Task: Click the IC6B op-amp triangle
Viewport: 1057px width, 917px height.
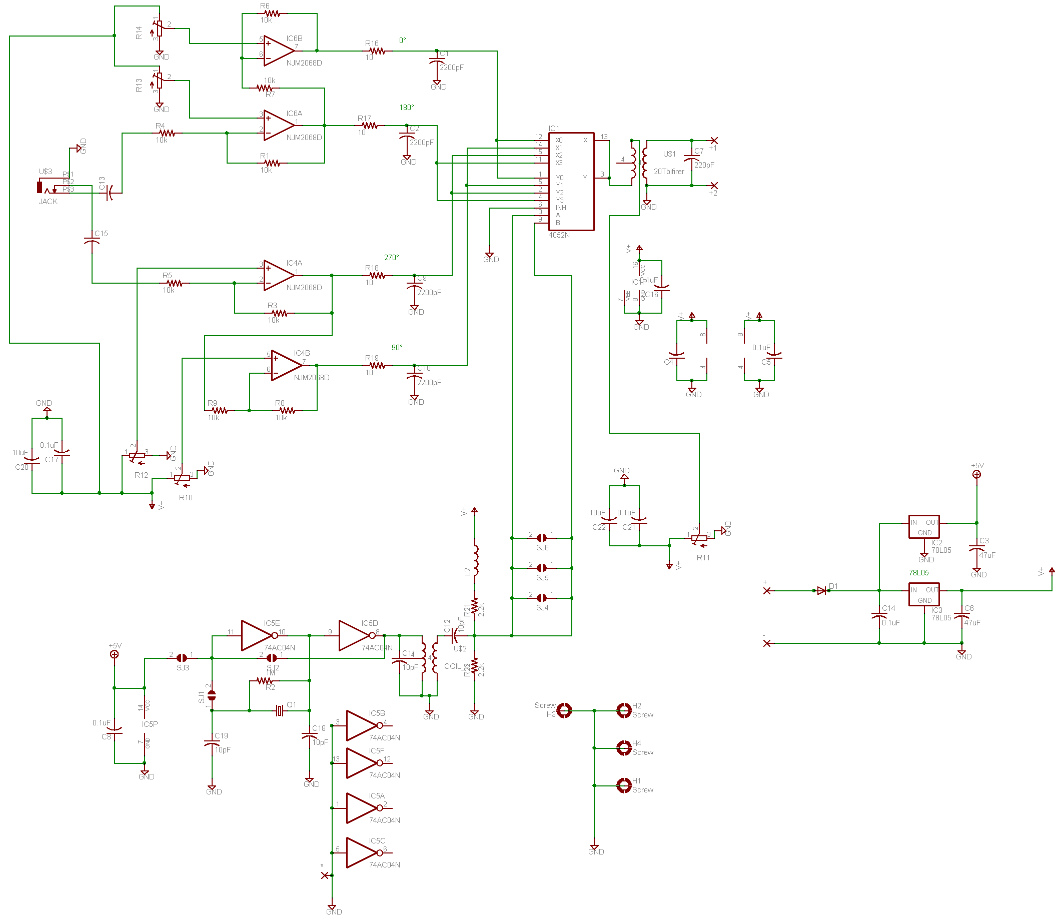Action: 277,51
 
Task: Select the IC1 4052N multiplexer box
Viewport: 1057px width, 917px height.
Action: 570,181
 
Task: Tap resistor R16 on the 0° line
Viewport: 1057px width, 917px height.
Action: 377,51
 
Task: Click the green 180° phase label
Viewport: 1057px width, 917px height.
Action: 406,108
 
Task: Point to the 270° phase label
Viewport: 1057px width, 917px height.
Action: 391,258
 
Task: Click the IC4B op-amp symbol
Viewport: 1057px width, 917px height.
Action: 285,365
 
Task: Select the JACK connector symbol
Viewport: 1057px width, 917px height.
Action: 41,187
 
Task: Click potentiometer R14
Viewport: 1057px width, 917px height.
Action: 160,29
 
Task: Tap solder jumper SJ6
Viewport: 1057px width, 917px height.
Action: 541,538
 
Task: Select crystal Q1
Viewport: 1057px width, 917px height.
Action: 279,710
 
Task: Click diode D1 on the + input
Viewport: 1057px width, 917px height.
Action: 822,590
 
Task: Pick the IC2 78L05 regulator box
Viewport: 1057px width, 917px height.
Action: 923,527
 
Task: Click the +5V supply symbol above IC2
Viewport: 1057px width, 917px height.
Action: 976,474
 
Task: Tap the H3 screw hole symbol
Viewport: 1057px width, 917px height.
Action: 564,710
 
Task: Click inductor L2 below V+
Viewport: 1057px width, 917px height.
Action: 475,560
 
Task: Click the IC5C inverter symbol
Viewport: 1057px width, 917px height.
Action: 361,852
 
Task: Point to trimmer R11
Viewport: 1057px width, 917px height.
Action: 698,538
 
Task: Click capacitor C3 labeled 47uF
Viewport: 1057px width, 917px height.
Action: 976,548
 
